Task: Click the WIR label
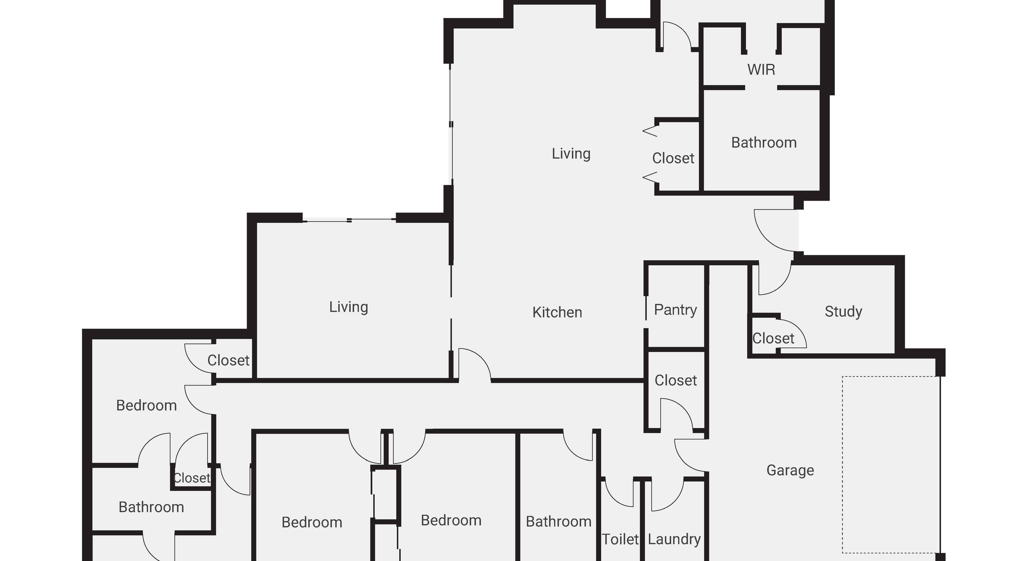coord(761,70)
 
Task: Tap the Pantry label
coord(675,310)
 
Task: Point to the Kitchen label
coord(557,313)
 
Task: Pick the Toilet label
coord(620,539)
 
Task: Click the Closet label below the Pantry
coord(676,380)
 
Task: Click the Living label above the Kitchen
coord(571,154)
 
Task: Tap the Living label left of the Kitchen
coord(349,307)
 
